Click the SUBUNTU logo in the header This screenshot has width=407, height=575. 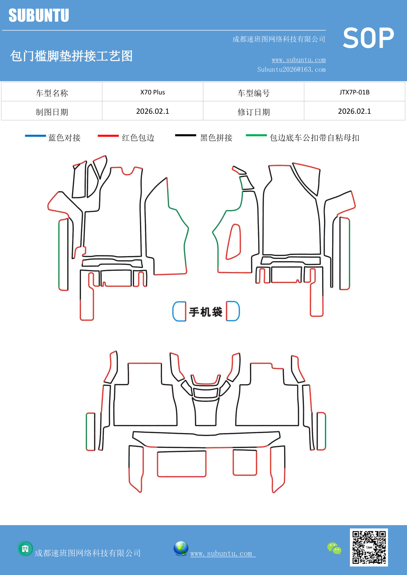click(39, 15)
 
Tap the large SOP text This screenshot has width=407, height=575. click(368, 38)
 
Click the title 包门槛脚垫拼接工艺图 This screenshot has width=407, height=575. click(71, 56)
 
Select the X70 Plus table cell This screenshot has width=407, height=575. click(153, 92)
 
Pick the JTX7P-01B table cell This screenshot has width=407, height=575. click(354, 92)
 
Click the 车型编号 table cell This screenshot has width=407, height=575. click(254, 93)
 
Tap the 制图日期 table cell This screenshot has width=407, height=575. click(52, 112)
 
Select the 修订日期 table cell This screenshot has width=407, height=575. click(254, 112)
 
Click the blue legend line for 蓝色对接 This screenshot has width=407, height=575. click(35, 136)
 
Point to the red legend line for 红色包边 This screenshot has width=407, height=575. click(108, 136)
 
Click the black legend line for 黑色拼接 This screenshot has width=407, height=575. click(186, 135)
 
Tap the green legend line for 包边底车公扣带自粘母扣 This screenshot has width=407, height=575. click(256, 135)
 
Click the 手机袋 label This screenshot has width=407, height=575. click(206, 312)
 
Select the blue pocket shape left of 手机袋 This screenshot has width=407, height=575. click(179, 311)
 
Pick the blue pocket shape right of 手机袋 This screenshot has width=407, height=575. click(233, 311)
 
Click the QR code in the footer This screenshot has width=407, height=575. click(369, 547)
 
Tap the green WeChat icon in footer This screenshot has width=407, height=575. click(334, 548)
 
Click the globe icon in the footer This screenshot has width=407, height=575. click(181, 548)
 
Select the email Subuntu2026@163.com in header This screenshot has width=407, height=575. click(291, 69)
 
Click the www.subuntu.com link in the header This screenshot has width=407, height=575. click(298, 60)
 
